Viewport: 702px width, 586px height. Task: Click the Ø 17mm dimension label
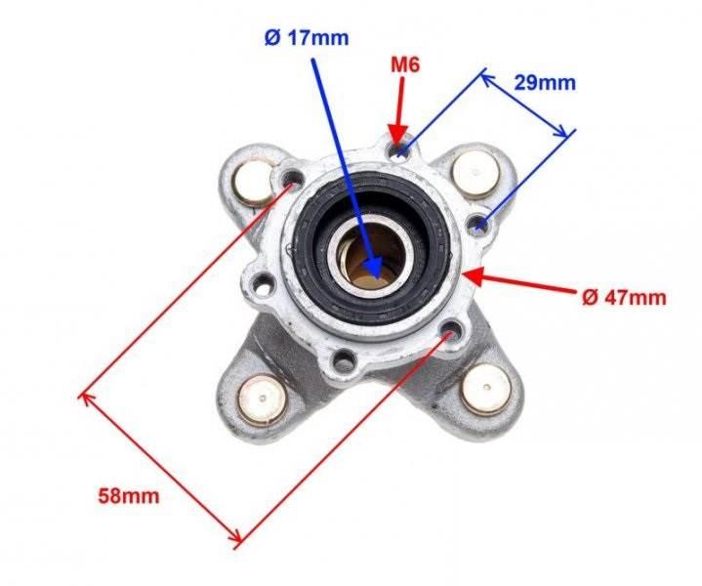click(x=307, y=38)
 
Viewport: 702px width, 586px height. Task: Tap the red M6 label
click(x=405, y=65)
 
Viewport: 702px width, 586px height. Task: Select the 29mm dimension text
click(x=545, y=83)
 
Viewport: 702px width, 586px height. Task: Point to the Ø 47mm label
click(x=624, y=297)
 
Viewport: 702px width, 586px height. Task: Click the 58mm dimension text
click(x=129, y=496)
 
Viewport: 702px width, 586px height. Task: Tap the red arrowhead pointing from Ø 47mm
click(x=474, y=276)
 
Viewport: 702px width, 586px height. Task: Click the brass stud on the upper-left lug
click(x=254, y=183)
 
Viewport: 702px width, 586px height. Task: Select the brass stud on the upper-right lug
click(x=475, y=174)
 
